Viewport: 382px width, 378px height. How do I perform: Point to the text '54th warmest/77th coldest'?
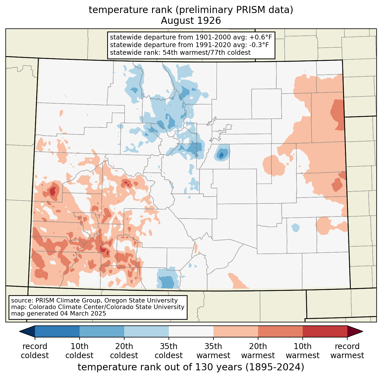(x=207, y=52)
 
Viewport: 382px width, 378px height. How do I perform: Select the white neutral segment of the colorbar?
(x=191, y=331)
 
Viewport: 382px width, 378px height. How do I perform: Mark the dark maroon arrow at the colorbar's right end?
(x=355, y=331)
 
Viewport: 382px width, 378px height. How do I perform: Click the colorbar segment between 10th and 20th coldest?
(x=102, y=331)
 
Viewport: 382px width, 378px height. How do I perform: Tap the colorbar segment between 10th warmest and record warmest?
(x=325, y=331)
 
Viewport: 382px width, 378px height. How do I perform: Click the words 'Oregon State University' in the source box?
(x=141, y=300)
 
